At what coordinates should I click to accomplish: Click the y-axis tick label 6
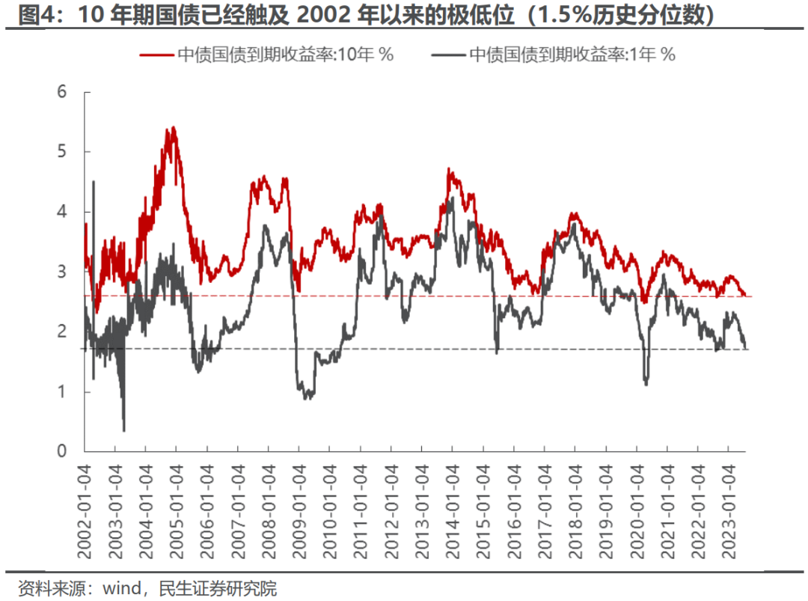(62, 92)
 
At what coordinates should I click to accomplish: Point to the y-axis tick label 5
(62, 152)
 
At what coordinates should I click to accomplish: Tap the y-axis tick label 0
(62, 451)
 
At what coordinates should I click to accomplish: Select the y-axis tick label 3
(62, 272)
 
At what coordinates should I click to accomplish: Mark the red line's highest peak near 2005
(174, 127)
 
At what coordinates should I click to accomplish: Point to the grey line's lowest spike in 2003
(123, 430)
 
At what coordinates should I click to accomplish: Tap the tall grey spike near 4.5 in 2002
(94, 181)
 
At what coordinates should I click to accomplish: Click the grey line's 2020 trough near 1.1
(646, 384)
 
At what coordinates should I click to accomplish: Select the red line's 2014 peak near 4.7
(449, 169)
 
